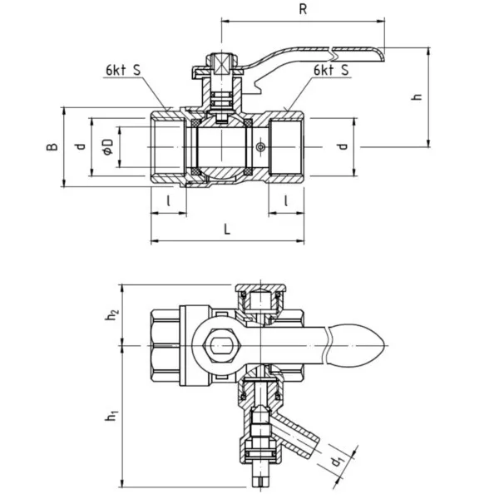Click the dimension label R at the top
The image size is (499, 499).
[303, 9]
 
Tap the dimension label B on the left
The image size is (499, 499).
[52, 146]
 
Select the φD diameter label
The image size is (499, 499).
[108, 146]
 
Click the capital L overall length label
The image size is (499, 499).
[227, 229]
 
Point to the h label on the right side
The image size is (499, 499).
[417, 96]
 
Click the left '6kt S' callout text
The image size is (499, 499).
[123, 71]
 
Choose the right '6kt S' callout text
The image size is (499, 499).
[331, 71]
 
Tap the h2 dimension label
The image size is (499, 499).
[112, 314]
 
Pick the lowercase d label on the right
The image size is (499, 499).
[343, 146]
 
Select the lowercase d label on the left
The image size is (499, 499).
[81, 146]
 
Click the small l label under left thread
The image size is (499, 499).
[168, 200]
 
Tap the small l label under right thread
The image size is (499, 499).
[286, 200]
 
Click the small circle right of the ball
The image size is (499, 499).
[260, 147]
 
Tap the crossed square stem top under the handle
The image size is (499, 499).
[222, 65]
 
